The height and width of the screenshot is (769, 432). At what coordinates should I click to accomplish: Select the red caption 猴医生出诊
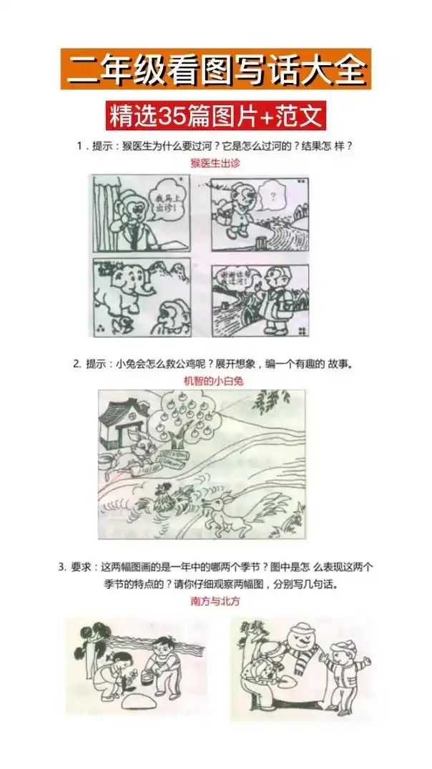(215, 163)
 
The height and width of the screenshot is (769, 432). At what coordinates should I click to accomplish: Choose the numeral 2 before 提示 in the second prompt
(77, 363)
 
